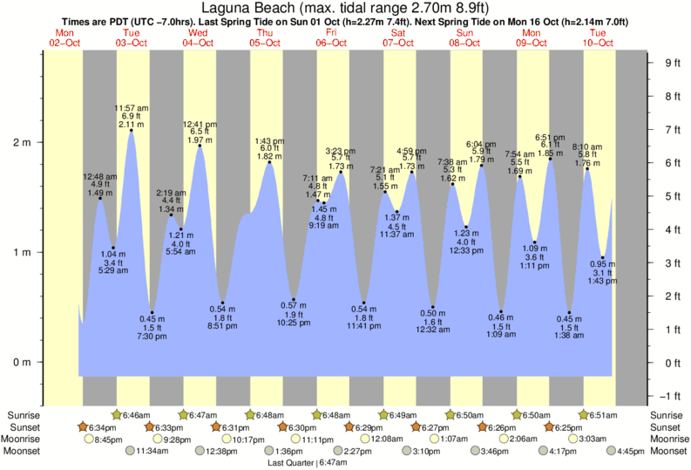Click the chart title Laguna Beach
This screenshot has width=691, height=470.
346,8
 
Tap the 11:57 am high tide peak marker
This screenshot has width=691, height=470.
132,131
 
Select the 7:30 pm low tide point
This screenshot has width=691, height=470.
152,312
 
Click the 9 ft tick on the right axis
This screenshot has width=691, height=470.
671,63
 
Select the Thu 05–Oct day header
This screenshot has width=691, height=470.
265,37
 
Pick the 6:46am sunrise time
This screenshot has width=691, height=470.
136,415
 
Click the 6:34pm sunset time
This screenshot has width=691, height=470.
103,427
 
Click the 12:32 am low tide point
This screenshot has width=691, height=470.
433,307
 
